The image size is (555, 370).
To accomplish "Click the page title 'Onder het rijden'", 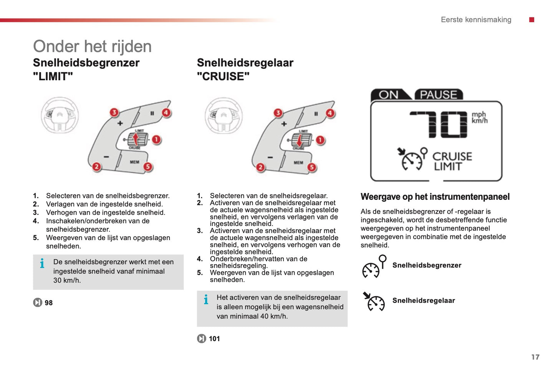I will (x=92, y=46).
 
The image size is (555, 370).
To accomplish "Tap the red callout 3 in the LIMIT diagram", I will (x=114, y=112).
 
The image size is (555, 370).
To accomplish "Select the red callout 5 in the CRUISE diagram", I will (x=311, y=167).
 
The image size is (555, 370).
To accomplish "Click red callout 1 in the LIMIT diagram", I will (x=156, y=139).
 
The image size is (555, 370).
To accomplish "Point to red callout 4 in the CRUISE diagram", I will (x=330, y=113).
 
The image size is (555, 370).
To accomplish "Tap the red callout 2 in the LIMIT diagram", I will (x=96, y=167).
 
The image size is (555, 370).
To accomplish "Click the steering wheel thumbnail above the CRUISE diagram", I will (x=224, y=115).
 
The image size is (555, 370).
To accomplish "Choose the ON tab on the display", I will (x=388, y=95).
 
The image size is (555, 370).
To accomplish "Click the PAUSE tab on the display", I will (x=438, y=95).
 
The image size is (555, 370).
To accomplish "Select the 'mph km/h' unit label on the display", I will (x=479, y=118).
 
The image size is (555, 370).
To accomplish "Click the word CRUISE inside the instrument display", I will (x=452, y=156).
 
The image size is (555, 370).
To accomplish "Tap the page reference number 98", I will (x=48, y=303).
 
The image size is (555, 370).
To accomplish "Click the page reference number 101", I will (x=214, y=338).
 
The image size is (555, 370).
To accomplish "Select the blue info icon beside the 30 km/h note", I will (x=42, y=263).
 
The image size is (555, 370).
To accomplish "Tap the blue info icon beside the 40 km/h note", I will (x=206, y=299).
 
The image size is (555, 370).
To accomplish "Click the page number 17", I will (x=535, y=357).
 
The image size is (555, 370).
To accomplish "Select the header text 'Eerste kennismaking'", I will (x=476, y=20).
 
